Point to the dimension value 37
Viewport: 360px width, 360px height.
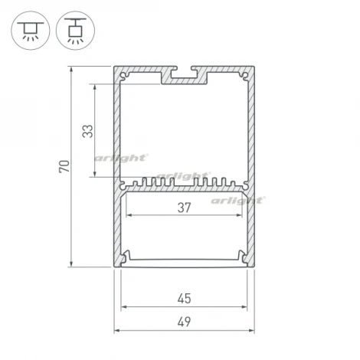click(x=184, y=206)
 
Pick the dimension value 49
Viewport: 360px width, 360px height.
click(x=184, y=321)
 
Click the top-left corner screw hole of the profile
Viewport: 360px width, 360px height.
click(x=126, y=76)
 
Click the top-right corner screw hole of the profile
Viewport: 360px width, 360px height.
click(x=243, y=76)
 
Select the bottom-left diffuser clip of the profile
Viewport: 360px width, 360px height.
click(x=126, y=257)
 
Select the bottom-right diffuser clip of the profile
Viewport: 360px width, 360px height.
click(x=242, y=257)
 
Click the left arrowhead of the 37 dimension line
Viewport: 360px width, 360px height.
click(x=127, y=215)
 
